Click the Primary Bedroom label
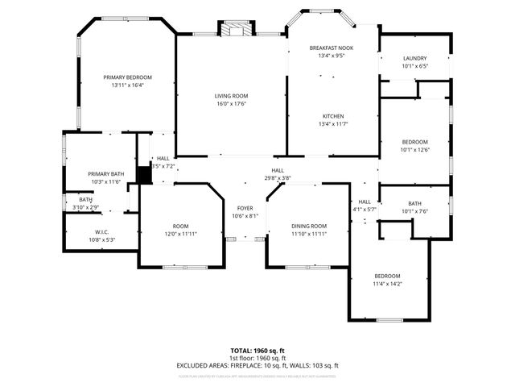pyautogui.click(x=127, y=77)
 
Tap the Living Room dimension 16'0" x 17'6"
pyautogui.click(x=229, y=104)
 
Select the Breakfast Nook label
pyautogui.click(x=331, y=48)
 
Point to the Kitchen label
pyautogui.click(x=333, y=115)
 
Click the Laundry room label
pyautogui.click(x=414, y=58)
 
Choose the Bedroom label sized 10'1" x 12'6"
pyautogui.click(x=414, y=141)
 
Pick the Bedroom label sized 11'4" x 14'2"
pyautogui.click(x=386, y=276)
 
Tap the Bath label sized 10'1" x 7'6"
pyautogui.click(x=414, y=203)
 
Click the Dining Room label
pyautogui.click(x=307, y=226)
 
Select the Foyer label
pyautogui.click(x=245, y=208)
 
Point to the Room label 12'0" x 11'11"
pyautogui.click(x=180, y=226)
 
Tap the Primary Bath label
pyautogui.click(x=105, y=174)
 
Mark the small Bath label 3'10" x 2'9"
pyautogui.click(x=85, y=199)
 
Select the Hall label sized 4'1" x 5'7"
pyautogui.click(x=365, y=202)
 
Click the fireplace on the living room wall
pyautogui.click(x=236, y=29)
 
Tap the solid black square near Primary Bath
pyautogui.click(x=145, y=174)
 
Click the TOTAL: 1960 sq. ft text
pyautogui.click(x=257, y=351)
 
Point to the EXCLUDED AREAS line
pyautogui.click(x=257, y=365)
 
